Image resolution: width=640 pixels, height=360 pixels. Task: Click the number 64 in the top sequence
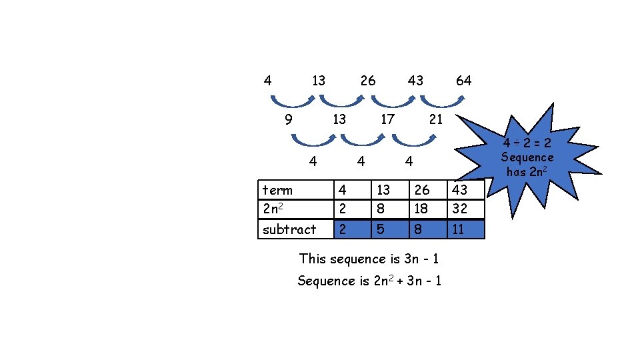(463, 81)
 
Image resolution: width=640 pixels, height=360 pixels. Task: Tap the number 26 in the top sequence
(367, 81)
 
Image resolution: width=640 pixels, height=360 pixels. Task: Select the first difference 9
(288, 120)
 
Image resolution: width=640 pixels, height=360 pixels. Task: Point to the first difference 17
(387, 120)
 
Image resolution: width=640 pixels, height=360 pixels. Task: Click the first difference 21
(435, 120)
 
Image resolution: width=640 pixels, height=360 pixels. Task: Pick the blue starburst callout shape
(527, 160)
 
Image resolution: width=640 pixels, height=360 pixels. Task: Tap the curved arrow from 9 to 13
(313, 141)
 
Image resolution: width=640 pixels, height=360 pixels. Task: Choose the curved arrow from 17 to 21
(415, 141)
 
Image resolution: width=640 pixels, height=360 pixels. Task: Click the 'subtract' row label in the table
(289, 229)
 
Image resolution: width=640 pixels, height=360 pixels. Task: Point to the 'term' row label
(277, 190)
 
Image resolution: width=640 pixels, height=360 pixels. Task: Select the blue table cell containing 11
(465, 229)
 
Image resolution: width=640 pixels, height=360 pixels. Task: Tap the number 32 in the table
(460, 209)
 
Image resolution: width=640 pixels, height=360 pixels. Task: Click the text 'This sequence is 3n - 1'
(369, 258)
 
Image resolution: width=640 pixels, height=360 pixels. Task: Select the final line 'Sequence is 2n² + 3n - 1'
(369, 281)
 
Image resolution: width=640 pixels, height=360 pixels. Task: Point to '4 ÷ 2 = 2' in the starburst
(527, 143)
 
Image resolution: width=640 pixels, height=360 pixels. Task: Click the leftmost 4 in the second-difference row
(313, 161)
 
